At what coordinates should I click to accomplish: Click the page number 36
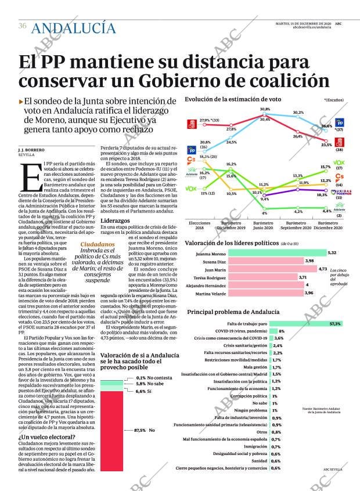[x=22, y=26]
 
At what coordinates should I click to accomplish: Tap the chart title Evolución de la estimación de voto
[x=228, y=100]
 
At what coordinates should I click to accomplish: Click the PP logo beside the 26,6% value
[x=340, y=123]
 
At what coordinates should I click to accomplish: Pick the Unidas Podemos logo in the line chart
[x=340, y=192]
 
